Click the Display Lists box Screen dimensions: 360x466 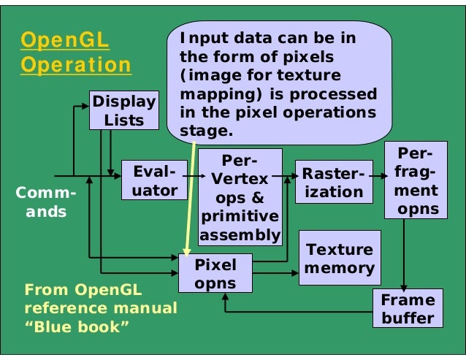point(124,110)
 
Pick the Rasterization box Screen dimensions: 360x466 point(332,183)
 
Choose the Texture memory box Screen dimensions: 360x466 point(340,258)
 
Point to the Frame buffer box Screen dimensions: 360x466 point(408,309)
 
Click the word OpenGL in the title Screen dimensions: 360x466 point(64,39)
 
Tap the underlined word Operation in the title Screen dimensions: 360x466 point(76,65)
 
